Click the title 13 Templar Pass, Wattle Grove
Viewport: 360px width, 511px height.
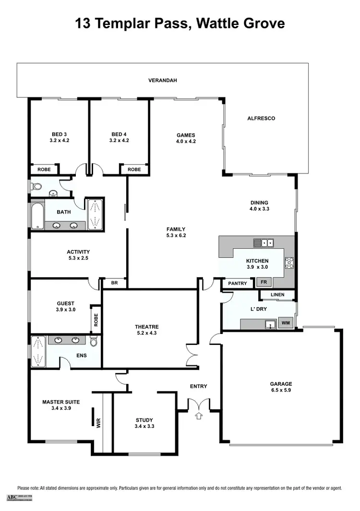point(180,24)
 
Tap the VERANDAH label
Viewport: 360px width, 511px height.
point(162,81)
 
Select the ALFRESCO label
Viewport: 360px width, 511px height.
point(261,118)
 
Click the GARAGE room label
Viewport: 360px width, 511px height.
point(281,384)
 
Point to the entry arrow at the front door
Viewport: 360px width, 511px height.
point(199,416)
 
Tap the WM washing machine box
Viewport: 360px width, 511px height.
point(286,323)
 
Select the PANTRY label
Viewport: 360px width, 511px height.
point(238,284)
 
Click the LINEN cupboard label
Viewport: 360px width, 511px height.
point(277,295)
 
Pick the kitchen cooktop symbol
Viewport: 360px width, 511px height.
point(289,262)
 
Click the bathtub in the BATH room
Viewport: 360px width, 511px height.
point(37,216)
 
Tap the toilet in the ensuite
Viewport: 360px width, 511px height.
point(94,342)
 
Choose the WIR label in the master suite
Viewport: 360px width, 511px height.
point(98,423)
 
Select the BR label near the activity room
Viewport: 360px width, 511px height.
point(114,283)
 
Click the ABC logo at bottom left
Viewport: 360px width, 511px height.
point(11,497)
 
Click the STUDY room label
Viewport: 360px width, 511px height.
point(144,420)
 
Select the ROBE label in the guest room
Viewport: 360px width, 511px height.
point(96,320)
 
